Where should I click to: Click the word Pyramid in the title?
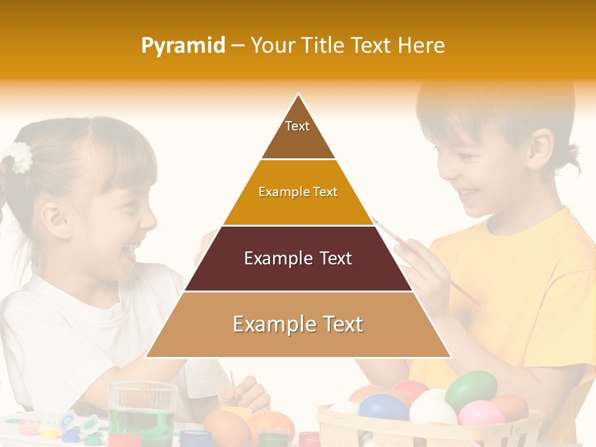pos(183,45)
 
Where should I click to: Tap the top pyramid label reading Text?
pos(297,126)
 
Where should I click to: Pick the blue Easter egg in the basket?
pos(383,408)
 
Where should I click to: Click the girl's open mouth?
pos(129,251)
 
